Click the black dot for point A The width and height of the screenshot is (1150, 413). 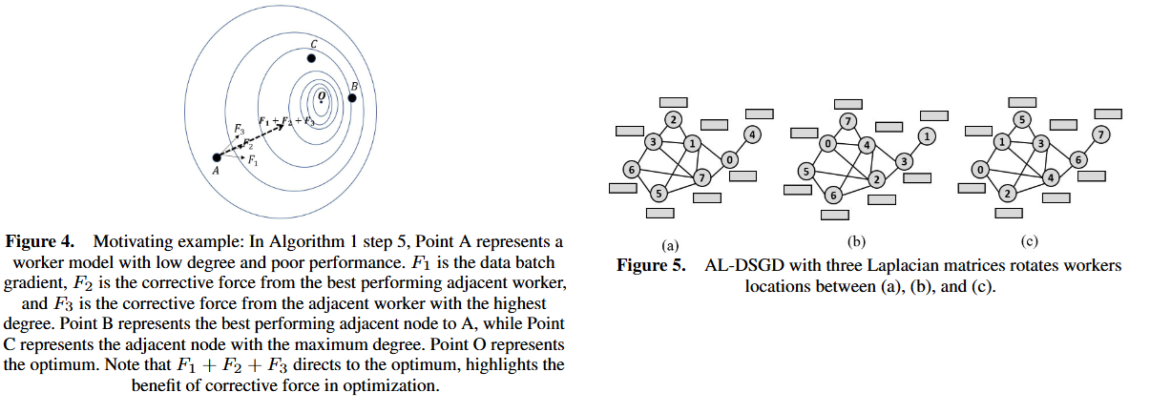(x=217, y=157)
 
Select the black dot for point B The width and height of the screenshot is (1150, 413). (x=351, y=98)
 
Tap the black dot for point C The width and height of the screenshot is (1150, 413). (x=311, y=59)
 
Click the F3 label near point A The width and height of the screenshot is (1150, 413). (x=239, y=127)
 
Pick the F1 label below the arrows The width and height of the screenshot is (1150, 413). (x=252, y=160)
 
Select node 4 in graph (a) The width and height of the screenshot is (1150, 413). (x=752, y=134)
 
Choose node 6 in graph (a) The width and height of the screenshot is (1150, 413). (x=631, y=170)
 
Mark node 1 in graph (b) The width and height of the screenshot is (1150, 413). (x=926, y=135)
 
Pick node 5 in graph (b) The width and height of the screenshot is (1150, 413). (x=805, y=172)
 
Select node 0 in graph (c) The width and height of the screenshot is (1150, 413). (x=980, y=170)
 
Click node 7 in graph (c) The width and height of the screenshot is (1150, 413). (x=1100, y=134)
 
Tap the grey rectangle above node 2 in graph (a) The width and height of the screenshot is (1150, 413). (x=674, y=102)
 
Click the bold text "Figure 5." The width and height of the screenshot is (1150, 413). (x=649, y=265)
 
